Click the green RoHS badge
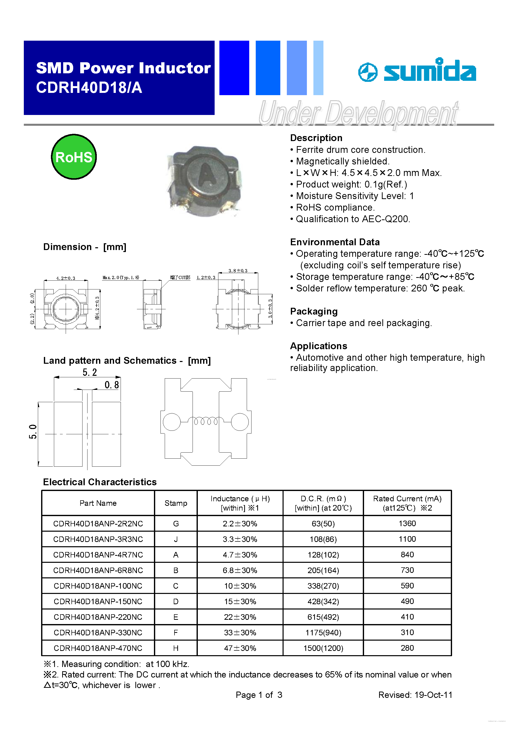pyautogui.click(x=74, y=157)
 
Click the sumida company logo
pyautogui.click(x=417, y=70)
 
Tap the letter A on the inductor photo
pyautogui.click(x=207, y=175)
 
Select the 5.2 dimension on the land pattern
pyautogui.click(x=90, y=372)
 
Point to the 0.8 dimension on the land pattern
pyautogui.click(x=112, y=385)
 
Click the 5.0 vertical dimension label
pyautogui.click(x=33, y=432)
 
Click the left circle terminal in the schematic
pyautogui.click(x=172, y=422)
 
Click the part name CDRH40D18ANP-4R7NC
pyautogui.click(x=98, y=555)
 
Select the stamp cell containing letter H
pyautogui.click(x=176, y=648)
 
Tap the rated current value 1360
pyautogui.click(x=407, y=523)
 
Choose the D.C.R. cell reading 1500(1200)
pyautogui.click(x=323, y=648)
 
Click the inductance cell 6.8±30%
pyautogui.click(x=240, y=570)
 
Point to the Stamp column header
pyautogui.click(x=176, y=503)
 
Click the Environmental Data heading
pyautogui.click(x=335, y=242)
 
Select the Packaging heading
pyautogui.click(x=314, y=311)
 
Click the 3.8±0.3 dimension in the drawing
pyautogui.click(x=238, y=270)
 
